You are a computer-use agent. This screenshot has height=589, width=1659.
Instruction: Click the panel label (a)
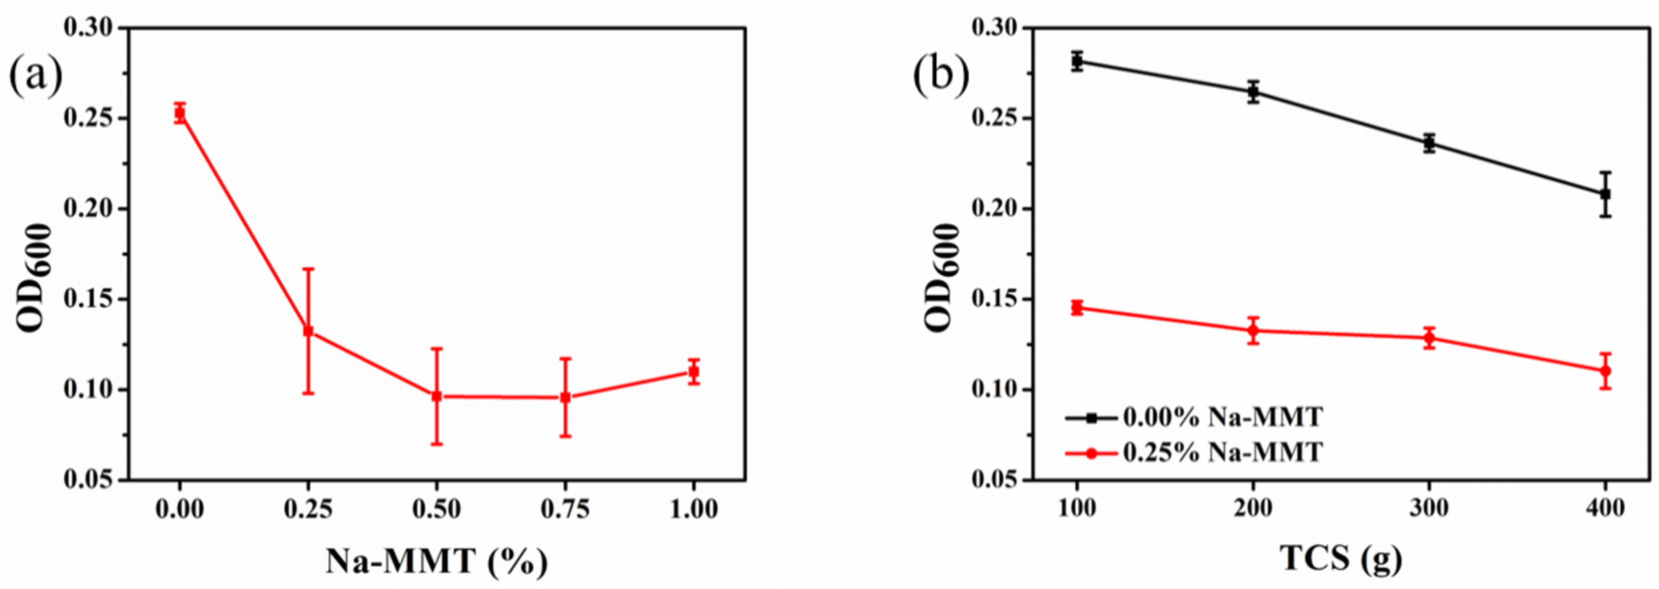(x=36, y=76)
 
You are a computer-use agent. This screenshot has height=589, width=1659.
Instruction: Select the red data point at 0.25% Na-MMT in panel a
(x=308, y=331)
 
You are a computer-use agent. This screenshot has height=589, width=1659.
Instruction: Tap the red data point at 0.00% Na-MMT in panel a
(x=180, y=113)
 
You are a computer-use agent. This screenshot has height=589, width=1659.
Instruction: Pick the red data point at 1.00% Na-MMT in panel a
(x=694, y=372)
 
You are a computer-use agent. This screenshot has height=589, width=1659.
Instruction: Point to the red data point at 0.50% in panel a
(x=436, y=396)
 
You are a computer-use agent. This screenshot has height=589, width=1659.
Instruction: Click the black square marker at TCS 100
(x=1077, y=61)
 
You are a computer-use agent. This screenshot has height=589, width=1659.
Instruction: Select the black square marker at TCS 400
(x=1605, y=194)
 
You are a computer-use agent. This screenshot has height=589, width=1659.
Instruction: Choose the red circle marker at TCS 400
(x=1605, y=371)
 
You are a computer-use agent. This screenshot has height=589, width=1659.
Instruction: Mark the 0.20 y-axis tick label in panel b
(x=990, y=209)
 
